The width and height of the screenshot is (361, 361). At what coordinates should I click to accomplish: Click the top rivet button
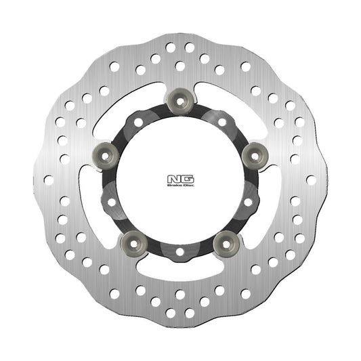[180, 97]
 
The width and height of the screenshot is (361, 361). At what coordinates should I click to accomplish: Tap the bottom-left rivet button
[133, 242]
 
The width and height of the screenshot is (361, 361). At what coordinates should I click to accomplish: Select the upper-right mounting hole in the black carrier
[222, 123]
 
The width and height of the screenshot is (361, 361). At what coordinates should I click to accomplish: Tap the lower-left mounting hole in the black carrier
[112, 201]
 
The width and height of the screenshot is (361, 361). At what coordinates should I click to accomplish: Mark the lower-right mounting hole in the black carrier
[248, 201]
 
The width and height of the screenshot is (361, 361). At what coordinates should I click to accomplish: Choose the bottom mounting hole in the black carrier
[180, 251]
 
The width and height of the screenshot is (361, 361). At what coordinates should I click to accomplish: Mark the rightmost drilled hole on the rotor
[310, 180]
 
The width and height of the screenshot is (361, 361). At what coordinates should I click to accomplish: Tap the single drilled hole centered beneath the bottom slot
[180, 295]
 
